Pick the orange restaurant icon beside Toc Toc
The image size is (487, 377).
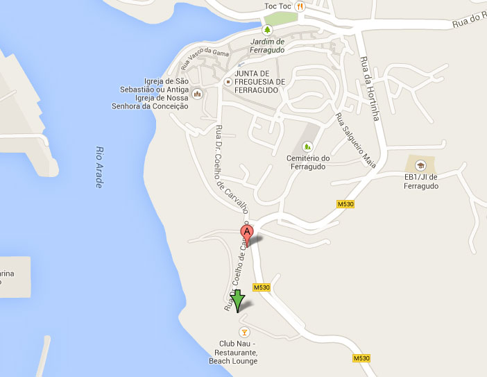click(x=300, y=6)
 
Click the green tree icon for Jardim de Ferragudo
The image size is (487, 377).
click(x=267, y=30)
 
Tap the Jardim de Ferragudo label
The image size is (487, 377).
click(x=267, y=45)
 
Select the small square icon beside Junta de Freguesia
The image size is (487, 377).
click(x=228, y=81)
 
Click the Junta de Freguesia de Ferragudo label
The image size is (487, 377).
click(x=260, y=81)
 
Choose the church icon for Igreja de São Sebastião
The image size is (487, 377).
click(x=197, y=94)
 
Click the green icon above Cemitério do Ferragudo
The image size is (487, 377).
click(x=307, y=146)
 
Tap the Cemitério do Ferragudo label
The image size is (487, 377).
click(x=307, y=162)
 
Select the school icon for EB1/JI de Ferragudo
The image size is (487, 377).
click(x=420, y=165)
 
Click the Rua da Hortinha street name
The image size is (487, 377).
click(x=370, y=88)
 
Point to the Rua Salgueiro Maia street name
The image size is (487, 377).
click(x=350, y=139)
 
